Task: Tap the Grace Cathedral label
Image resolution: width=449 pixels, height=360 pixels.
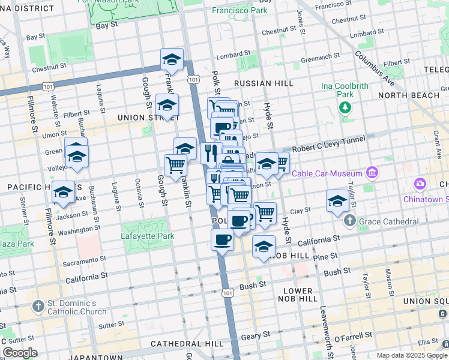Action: tap(388, 222)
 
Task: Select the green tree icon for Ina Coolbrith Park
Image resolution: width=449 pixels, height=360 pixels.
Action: tap(345, 107)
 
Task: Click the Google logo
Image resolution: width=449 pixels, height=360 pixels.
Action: tap(19, 353)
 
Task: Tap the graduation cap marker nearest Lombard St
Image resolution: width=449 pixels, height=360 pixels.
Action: tap(172, 60)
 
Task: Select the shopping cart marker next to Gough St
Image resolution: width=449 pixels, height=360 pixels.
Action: tap(175, 165)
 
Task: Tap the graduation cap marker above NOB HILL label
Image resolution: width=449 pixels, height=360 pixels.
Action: tap(264, 246)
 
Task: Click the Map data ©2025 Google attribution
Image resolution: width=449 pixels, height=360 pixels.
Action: tap(411, 355)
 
